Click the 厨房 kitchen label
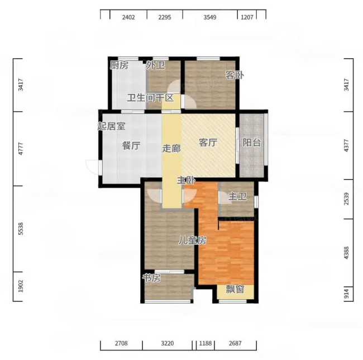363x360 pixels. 119,65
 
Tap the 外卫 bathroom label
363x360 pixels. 156,65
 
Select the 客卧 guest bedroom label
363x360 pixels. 235,75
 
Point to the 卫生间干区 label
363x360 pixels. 150,98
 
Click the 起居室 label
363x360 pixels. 111,126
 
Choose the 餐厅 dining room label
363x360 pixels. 131,146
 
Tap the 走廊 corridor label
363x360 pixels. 171,149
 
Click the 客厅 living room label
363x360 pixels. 208,143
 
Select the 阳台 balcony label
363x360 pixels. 252,143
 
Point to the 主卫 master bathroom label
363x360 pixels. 237,197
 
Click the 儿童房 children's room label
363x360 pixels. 192,241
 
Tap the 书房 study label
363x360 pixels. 152,278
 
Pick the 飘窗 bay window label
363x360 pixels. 235,289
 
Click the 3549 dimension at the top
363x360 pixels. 210,17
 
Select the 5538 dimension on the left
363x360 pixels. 21,229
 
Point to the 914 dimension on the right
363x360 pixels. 346,293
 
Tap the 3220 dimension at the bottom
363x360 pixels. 168,343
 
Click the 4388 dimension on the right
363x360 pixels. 346,253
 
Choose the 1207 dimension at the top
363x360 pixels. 247,17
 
